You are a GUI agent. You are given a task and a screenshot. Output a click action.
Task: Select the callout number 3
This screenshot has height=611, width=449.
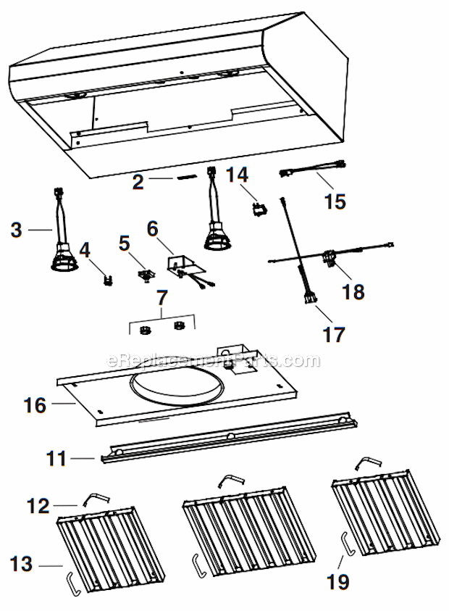[17, 230]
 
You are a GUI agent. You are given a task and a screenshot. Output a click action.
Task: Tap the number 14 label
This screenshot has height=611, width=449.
[238, 175]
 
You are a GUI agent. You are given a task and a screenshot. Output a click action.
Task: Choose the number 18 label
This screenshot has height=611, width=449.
[353, 291]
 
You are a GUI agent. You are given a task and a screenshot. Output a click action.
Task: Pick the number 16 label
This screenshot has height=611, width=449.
[35, 404]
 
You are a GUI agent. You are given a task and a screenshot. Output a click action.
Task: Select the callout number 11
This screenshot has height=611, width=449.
[56, 458]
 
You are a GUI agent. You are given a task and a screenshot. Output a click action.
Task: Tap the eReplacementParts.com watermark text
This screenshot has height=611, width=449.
[213, 360]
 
